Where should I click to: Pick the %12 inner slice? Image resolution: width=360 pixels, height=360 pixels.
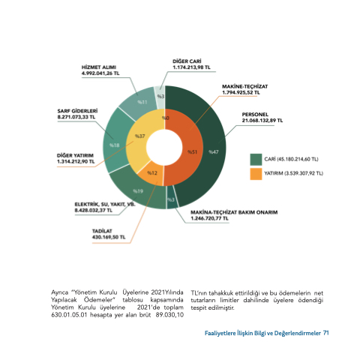click(x=151, y=173)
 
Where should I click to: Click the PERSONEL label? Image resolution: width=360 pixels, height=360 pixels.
click(x=255, y=115)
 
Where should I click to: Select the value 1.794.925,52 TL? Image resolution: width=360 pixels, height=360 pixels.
click(x=241, y=92)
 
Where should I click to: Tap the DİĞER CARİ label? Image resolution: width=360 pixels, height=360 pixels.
click(x=187, y=61)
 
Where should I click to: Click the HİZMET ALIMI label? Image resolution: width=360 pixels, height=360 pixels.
click(x=99, y=67)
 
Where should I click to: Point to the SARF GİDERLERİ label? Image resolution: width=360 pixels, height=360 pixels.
click(x=77, y=111)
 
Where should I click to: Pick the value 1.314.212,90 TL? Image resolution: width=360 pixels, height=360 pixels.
click(x=76, y=161)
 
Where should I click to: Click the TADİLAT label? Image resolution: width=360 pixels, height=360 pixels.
click(x=102, y=231)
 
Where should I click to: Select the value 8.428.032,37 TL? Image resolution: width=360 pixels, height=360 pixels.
click(x=94, y=211)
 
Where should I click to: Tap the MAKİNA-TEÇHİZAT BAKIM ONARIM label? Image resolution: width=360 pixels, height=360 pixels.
click(x=234, y=212)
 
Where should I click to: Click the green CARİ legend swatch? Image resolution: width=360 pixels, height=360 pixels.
click(x=256, y=159)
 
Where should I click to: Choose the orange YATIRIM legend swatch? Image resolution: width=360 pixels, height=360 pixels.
click(x=256, y=174)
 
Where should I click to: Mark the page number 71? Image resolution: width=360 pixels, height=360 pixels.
click(x=326, y=333)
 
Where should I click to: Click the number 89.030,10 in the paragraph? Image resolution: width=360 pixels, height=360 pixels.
click(x=169, y=315)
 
